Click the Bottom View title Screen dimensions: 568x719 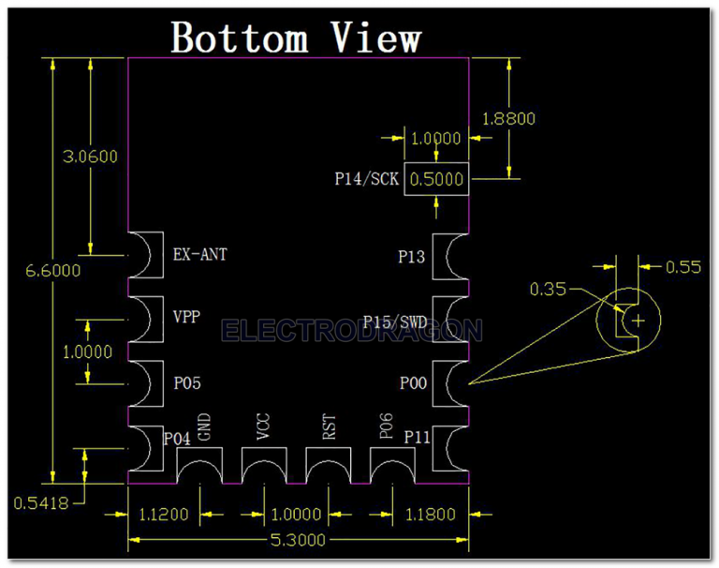pos(296,37)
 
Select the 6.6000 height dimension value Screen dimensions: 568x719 pos(52,271)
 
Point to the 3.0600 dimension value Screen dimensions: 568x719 pos(90,157)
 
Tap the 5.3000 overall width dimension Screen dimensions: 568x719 pos(298,540)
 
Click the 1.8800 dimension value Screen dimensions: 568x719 pos(507,118)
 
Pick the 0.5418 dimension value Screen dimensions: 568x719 pos(41,502)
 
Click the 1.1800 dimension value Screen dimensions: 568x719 pos(430,515)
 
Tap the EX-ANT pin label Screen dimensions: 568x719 pos(200,254)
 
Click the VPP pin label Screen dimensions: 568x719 pos(187,317)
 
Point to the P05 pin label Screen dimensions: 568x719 pos(187,382)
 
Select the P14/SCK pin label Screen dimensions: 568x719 pos(366,178)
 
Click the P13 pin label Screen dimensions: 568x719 pos(412,256)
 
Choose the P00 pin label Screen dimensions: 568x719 pos(413,382)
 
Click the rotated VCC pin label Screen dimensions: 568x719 pos(263,428)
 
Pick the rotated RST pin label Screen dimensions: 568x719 pos(328,428)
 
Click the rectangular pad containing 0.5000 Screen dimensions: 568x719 pos(435,179)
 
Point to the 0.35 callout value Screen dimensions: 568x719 pos(548,290)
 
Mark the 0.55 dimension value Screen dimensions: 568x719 pos(683,267)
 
